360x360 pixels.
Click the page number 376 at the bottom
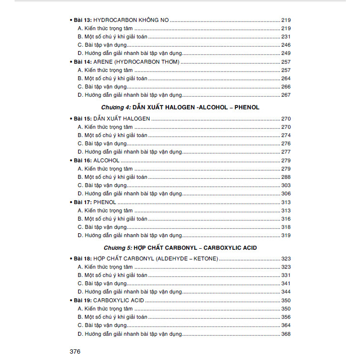(x=75, y=351)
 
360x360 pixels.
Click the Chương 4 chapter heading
(x=180, y=107)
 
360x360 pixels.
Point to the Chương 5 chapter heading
(x=180, y=248)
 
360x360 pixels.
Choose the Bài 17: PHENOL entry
(x=94, y=202)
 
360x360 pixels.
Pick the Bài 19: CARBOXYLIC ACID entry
(x=107, y=301)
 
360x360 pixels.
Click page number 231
(x=286, y=37)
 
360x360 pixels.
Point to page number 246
(x=286, y=45)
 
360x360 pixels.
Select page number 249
(x=286, y=53)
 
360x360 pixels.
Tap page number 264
(x=286, y=78)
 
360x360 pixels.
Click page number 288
(x=286, y=177)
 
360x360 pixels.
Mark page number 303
(x=286, y=186)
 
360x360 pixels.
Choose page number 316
(x=286, y=219)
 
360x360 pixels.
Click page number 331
(x=286, y=275)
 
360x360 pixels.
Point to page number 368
(x=286, y=334)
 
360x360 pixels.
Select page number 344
(x=286, y=292)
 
